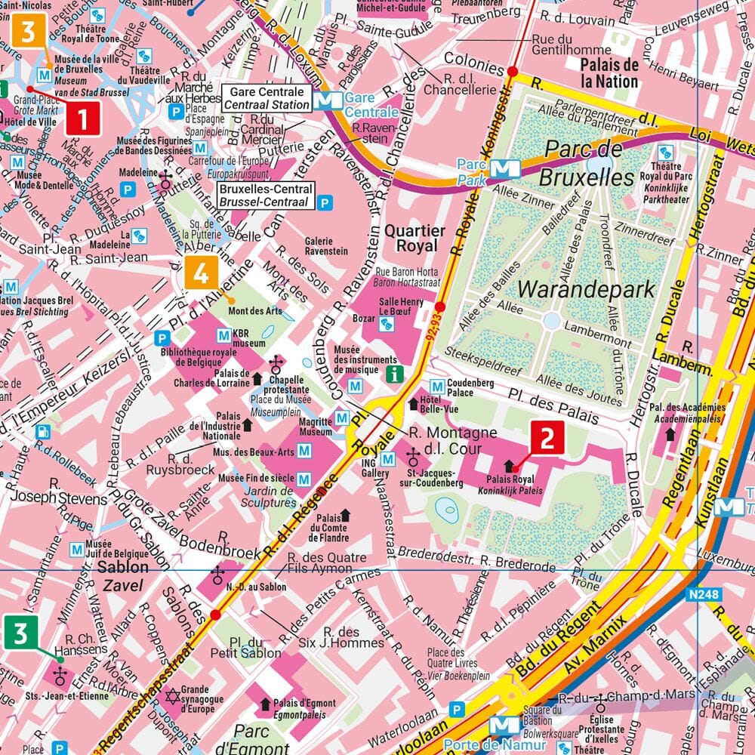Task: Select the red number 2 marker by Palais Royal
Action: [548, 439]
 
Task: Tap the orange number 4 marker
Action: [201, 273]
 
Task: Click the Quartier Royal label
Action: [411, 238]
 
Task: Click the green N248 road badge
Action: [703, 595]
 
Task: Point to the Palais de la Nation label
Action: [610, 72]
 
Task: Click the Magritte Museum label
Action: [316, 427]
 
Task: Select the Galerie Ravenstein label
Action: [326, 246]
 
